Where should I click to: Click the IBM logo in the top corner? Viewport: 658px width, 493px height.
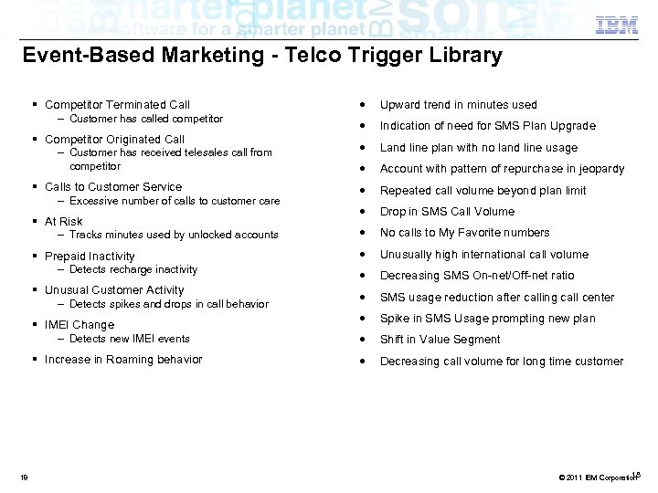coord(617,26)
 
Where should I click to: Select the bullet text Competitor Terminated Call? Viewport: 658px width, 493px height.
coord(117,105)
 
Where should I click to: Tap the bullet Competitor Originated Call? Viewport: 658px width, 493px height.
coord(114,140)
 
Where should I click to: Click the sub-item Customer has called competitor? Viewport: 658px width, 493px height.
coord(146,119)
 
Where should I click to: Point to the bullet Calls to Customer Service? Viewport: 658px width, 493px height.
coord(113,187)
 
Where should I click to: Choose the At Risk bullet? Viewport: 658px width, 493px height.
coord(63,222)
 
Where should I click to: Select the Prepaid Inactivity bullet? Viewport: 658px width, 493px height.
coord(90,257)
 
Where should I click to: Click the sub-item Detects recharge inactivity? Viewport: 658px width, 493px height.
coord(133,270)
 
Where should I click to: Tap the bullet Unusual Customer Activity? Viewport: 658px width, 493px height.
coord(114,290)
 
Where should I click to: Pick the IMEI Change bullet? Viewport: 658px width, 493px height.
coord(80,325)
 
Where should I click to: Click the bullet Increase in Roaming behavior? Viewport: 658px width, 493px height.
coord(123,360)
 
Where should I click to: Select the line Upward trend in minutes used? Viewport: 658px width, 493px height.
coord(458,105)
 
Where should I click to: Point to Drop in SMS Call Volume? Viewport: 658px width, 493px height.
coord(447,212)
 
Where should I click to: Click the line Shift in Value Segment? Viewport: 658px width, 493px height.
coord(440,340)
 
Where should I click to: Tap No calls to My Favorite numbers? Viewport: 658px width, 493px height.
coord(464,233)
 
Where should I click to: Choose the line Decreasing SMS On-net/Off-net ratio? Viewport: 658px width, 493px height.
coord(477,276)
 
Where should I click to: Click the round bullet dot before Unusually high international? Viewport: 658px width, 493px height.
coord(364,255)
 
